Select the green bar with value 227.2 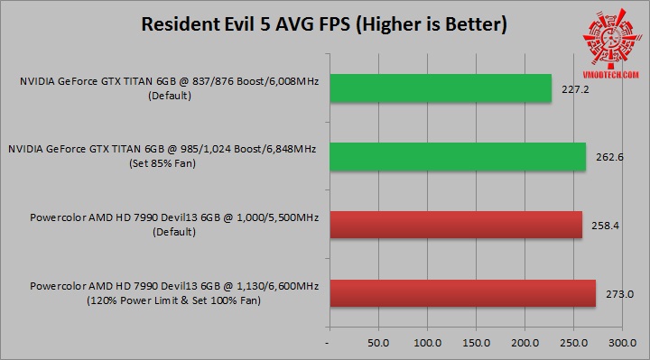(x=440, y=88)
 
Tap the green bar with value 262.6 (x=457, y=157)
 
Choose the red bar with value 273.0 (x=462, y=294)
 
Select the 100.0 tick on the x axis (x=427, y=344)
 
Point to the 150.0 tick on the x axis (x=476, y=344)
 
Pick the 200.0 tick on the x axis (x=525, y=344)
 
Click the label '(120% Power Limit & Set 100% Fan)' (x=171, y=300)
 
